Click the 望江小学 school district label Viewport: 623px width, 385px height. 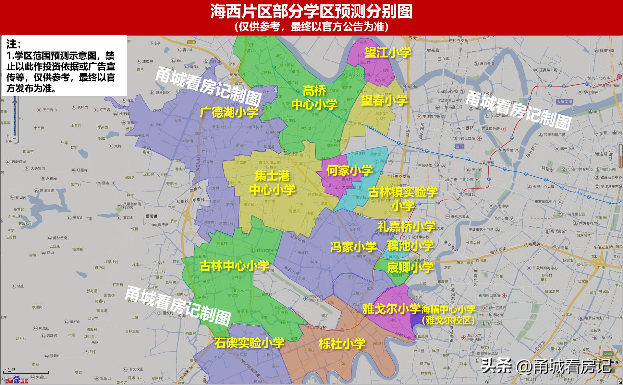388,52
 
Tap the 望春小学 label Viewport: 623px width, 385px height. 384,100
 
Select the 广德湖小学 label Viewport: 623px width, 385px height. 229,112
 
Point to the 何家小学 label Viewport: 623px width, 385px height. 349,170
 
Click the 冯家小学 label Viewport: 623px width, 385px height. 353,247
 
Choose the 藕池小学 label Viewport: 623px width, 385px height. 410,246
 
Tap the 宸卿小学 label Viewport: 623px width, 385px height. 410,267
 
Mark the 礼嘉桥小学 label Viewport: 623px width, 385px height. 406,226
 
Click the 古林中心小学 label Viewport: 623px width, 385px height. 234,266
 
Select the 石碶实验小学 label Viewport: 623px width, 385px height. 250,343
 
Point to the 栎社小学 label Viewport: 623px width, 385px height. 342,344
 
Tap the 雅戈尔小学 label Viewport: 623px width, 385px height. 391,309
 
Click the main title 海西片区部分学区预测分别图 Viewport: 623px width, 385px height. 311,11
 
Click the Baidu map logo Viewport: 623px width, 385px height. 16,380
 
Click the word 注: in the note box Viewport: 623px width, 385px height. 14,44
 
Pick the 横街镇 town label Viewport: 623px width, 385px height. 151,216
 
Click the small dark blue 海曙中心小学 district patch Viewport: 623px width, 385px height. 416,320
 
